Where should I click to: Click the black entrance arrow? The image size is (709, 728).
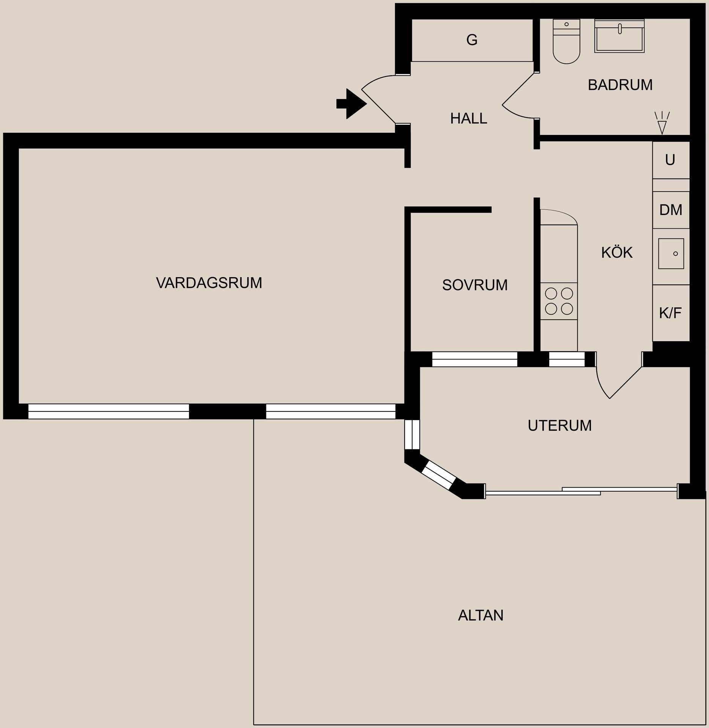point(351,104)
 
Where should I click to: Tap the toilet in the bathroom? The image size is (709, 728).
point(566,41)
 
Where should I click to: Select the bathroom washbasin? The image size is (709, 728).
point(619,36)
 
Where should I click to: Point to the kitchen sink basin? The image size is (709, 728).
point(671,254)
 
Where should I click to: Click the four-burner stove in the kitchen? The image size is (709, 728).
point(559,301)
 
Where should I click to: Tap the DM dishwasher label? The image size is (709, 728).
point(671,210)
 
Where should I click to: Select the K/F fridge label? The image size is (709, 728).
point(670,313)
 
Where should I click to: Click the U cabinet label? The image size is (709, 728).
point(670,160)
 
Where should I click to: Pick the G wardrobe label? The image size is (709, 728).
point(472,40)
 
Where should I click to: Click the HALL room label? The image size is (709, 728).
point(468,119)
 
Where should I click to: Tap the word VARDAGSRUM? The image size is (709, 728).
point(209,283)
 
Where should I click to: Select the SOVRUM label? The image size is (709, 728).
point(475,285)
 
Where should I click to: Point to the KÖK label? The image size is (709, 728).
point(617,253)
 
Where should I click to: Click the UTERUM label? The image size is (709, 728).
point(559,426)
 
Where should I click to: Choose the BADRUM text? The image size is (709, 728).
point(620,85)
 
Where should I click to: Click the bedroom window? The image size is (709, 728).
point(474,359)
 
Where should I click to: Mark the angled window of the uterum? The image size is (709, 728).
point(438,475)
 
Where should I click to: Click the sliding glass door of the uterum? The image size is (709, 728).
point(581,491)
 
